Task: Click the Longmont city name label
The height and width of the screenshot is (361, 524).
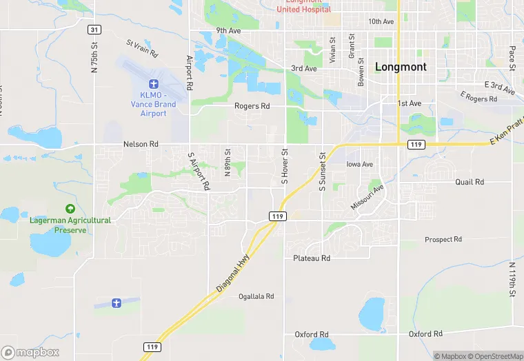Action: tap(401, 67)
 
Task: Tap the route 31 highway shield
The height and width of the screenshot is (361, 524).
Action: tap(94, 30)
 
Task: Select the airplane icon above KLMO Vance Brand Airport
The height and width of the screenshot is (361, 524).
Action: tap(153, 83)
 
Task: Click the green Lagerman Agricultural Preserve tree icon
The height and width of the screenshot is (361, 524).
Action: tap(69, 208)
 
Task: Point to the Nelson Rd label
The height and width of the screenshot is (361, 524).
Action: tap(141, 144)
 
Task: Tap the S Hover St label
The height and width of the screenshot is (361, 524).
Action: tap(283, 167)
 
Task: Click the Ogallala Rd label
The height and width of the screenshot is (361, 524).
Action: tap(256, 296)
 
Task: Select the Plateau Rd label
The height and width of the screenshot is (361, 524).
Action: tap(312, 258)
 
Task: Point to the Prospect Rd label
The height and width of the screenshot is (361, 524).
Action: tap(443, 240)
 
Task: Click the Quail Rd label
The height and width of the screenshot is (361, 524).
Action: tap(470, 182)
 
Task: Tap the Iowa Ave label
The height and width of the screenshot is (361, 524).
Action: tap(359, 165)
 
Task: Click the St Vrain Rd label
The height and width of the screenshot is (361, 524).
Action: tap(142, 48)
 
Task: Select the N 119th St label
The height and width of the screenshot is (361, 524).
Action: tap(512, 280)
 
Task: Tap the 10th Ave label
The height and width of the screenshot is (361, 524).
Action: tap(381, 21)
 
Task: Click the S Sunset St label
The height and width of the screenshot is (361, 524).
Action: tap(321, 172)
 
